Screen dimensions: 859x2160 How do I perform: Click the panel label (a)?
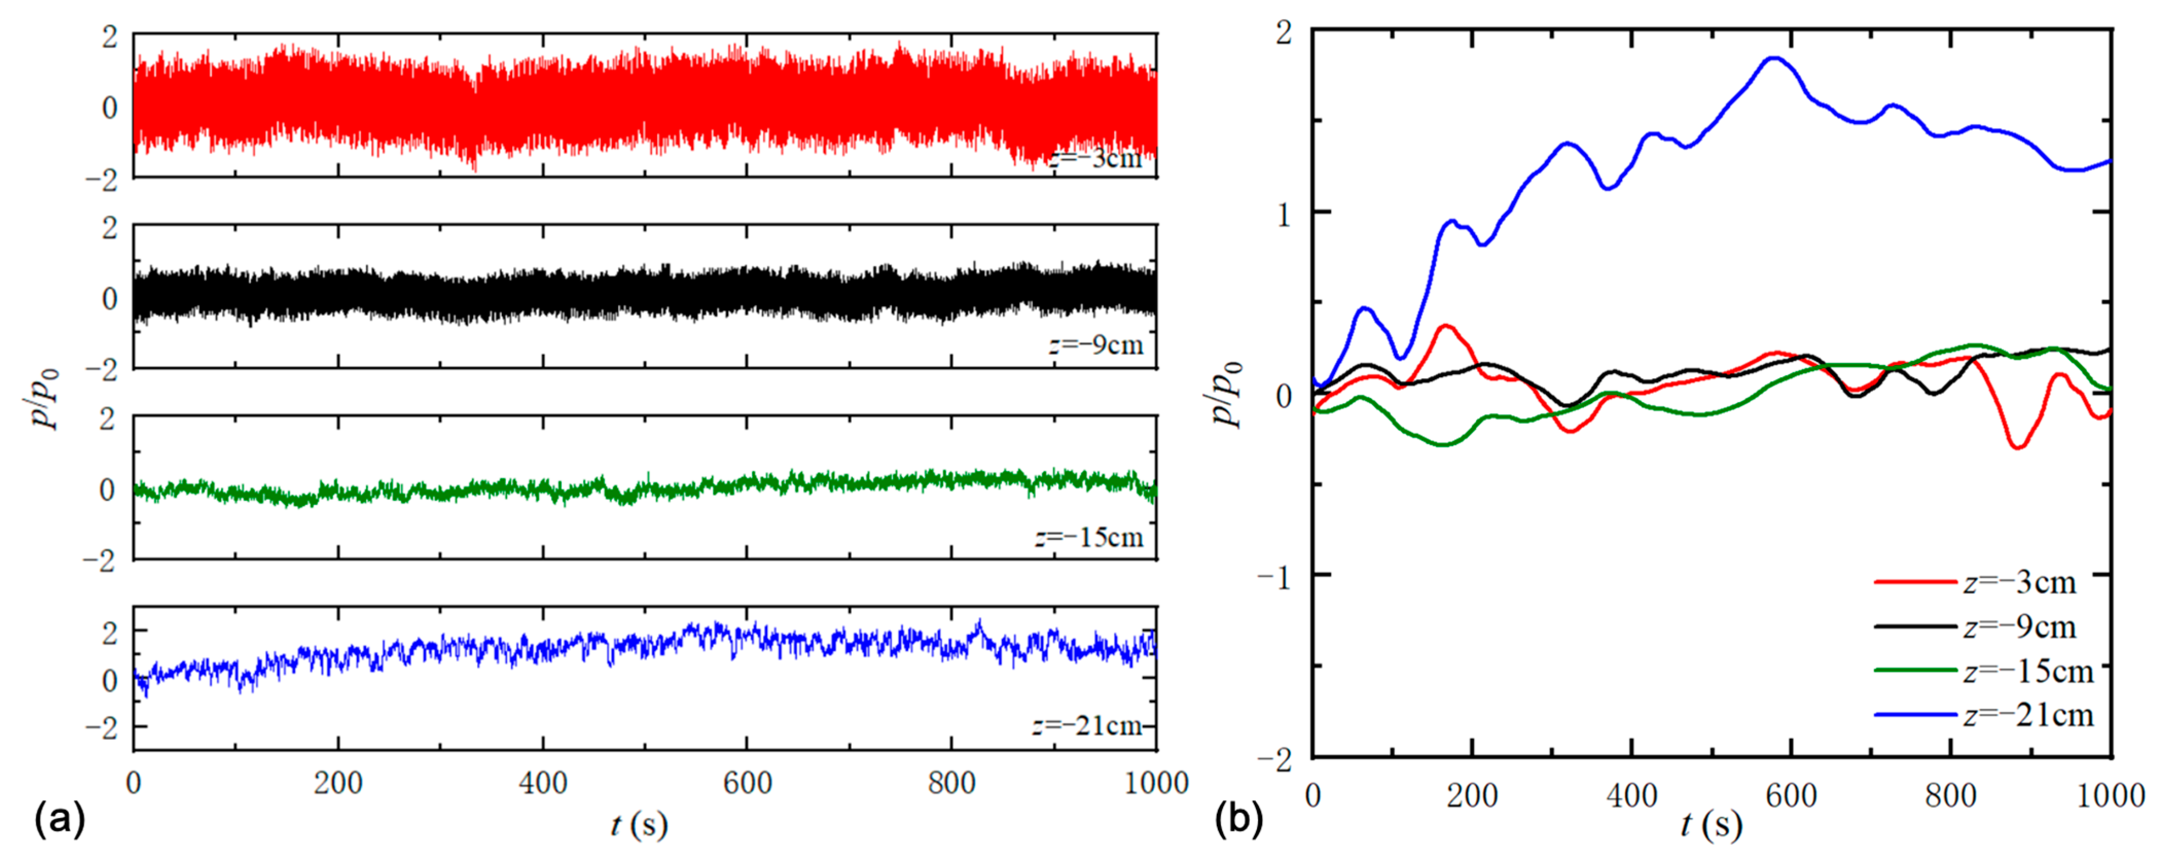coord(59,819)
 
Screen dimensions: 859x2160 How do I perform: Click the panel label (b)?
coord(1238,819)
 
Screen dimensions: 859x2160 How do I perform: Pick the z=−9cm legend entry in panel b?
coord(2019,626)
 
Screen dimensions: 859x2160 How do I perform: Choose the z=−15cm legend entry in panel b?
coord(2027,670)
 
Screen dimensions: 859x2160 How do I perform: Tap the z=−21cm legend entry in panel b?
coord(2027,715)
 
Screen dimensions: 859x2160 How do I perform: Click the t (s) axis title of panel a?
coord(639,826)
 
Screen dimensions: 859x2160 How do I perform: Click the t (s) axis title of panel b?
coord(1711,826)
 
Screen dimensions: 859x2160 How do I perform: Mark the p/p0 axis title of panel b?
coord(1229,394)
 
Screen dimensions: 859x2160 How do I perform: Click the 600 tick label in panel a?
coord(747,783)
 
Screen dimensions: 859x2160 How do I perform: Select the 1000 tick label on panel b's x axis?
coord(2110,794)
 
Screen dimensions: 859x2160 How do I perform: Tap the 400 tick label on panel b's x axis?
coord(1632,794)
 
